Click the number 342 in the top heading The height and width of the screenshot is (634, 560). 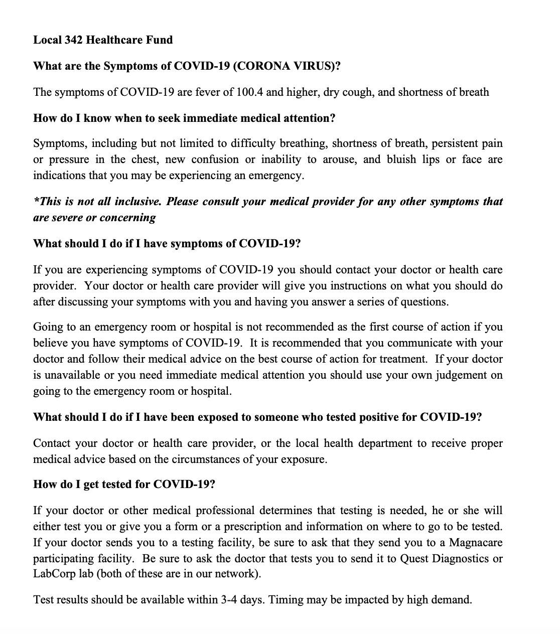click(74, 40)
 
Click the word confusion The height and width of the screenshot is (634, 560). click(215, 160)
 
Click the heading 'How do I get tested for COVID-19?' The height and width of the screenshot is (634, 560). click(124, 485)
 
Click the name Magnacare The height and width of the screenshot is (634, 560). click(475, 543)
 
